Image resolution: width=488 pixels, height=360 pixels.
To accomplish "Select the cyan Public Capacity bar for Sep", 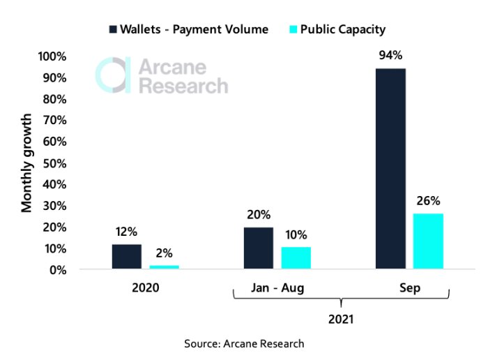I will coord(428,241).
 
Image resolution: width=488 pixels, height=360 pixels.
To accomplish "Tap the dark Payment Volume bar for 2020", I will coord(126,257).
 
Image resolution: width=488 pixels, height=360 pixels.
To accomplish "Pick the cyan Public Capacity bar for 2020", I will coord(164,267).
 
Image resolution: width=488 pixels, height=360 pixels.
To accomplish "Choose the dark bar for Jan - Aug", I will coord(258,248).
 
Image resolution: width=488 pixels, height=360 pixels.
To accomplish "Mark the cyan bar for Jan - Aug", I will coord(296,258).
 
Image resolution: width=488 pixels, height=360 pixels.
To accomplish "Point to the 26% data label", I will coord(428,201).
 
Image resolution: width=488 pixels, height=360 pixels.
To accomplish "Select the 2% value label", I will coord(164,253).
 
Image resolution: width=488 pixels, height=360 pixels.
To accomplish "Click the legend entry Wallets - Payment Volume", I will coord(188,29).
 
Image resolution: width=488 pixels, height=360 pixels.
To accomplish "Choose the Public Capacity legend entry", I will coord(342,29).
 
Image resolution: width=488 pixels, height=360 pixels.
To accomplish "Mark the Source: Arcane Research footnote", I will coord(244,344).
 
